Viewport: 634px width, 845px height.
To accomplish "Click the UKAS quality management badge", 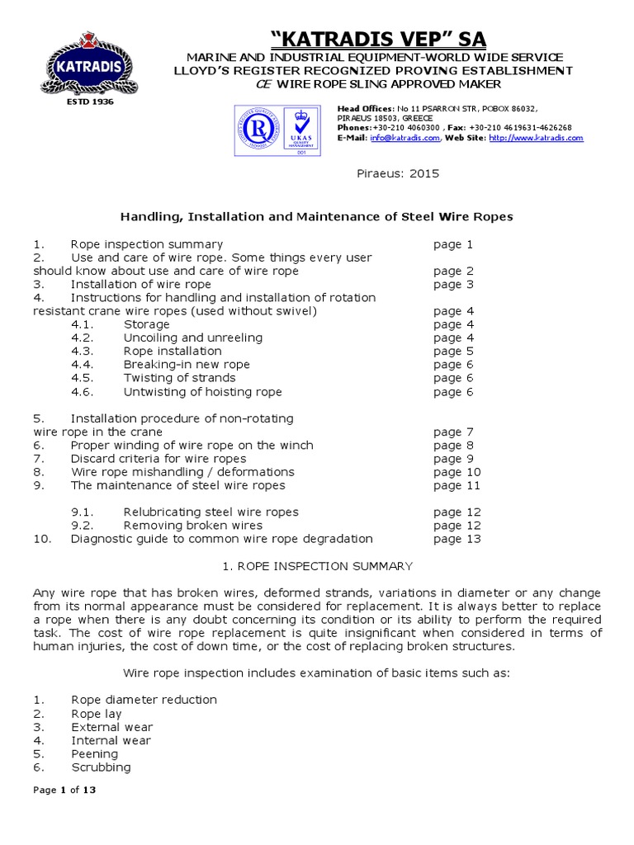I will [x=301, y=130].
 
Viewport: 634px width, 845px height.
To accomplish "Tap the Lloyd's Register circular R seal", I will [x=256, y=130].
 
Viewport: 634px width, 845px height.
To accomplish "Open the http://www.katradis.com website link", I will [x=547, y=139].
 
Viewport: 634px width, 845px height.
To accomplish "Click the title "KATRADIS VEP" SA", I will [x=380, y=39].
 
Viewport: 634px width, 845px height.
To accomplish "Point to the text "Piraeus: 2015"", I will [x=386, y=174].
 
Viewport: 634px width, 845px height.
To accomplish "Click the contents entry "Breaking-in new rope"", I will [x=187, y=365].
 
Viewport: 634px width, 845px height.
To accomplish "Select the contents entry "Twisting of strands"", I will [x=179, y=378].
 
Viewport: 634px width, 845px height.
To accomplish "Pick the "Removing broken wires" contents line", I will [x=192, y=526].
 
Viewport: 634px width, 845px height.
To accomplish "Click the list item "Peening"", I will [x=94, y=753].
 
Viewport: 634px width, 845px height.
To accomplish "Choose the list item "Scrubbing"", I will [x=101, y=767].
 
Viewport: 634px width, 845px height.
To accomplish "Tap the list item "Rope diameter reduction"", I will [x=144, y=700].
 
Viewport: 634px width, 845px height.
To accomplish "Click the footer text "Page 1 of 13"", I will [x=64, y=790].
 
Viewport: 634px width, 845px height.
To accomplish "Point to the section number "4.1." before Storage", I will [x=83, y=324].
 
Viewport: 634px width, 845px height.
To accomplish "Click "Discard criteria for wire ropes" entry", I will [x=158, y=459].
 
